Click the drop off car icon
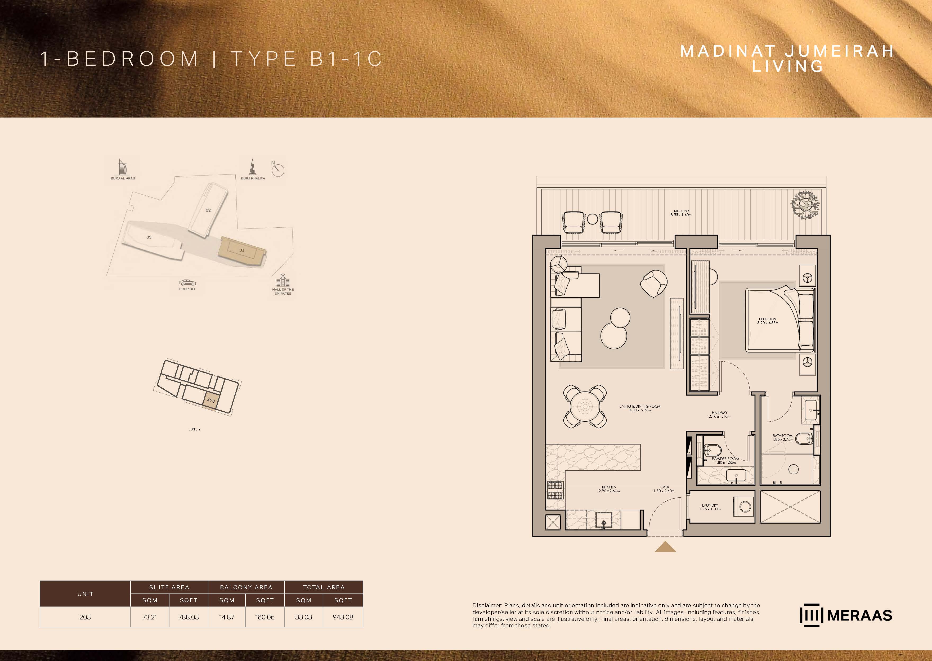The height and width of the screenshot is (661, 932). click(x=188, y=282)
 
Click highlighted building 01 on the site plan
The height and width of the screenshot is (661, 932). click(x=243, y=251)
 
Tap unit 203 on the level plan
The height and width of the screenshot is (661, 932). click(x=211, y=400)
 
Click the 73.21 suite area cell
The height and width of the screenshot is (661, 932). click(x=150, y=617)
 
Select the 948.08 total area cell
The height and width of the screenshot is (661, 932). click(x=343, y=617)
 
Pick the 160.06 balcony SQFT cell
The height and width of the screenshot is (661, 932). click(x=265, y=617)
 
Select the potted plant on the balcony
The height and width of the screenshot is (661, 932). click(x=805, y=205)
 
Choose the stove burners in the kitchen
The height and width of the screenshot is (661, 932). click(x=554, y=490)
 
